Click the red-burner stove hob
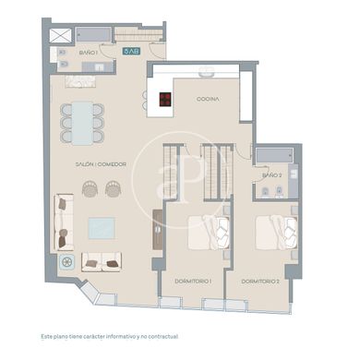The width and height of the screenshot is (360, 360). [x=165, y=98]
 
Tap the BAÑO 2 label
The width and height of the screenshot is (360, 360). [x=270, y=174]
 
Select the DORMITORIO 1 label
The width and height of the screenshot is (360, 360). [x=193, y=280]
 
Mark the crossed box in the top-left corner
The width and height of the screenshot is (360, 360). [x=61, y=35]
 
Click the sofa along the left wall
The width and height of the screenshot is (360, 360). [x=64, y=222]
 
